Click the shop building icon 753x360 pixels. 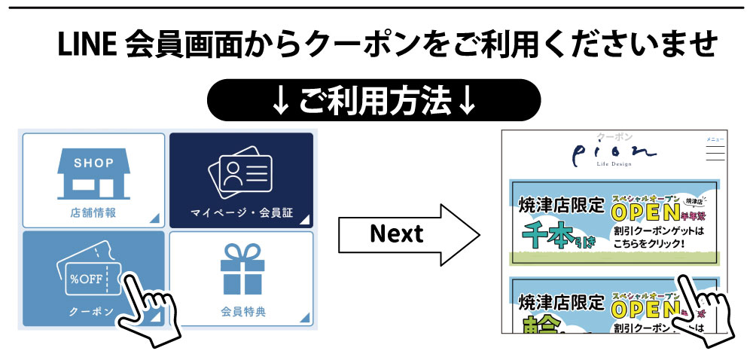point(93,174)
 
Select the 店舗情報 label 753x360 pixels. point(93,213)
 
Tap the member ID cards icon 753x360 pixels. point(240,172)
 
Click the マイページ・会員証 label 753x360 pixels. point(241,213)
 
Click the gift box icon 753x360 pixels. point(242,268)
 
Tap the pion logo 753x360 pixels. point(614,154)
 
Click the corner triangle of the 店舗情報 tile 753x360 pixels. point(154,218)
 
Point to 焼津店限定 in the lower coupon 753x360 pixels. point(561,303)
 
